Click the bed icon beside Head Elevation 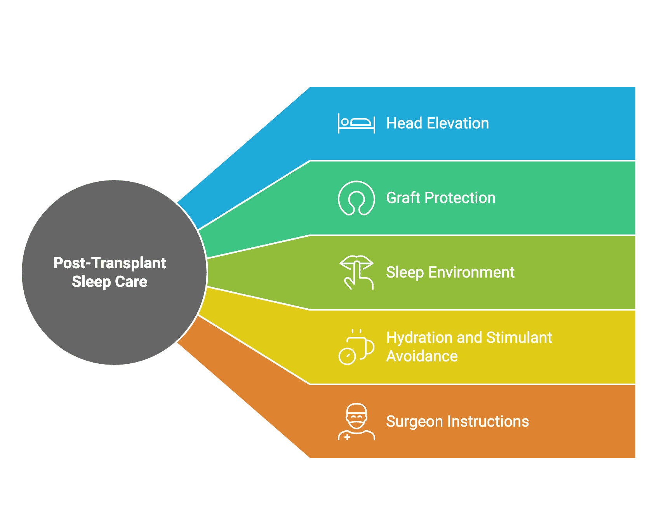coord(357,123)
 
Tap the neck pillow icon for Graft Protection coord(357,198)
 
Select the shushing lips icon coord(357,273)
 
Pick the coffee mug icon coord(357,347)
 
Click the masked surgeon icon coord(357,422)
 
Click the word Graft coord(404,198)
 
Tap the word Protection coord(460,198)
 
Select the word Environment coord(471,273)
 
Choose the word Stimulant coord(519,338)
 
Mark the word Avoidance coord(422,356)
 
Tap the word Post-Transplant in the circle coord(110,263)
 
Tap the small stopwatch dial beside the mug coord(347,356)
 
